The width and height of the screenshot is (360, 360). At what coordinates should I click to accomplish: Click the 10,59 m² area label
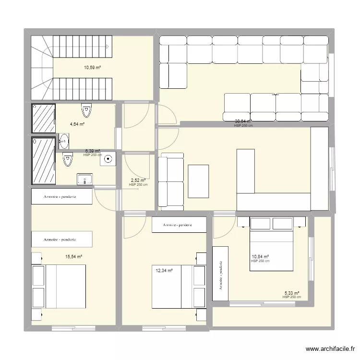(92, 68)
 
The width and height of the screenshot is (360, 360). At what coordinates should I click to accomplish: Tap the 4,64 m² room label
(77, 124)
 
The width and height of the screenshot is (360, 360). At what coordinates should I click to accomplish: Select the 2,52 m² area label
(138, 181)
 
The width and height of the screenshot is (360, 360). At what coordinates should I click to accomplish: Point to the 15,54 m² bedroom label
(74, 257)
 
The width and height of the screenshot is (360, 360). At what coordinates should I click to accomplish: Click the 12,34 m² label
(164, 271)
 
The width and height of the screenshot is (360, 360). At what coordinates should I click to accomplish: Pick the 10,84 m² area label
(260, 257)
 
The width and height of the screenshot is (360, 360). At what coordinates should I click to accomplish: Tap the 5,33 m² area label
(292, 293)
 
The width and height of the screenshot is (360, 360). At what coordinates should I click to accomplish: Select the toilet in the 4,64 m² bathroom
(86, 110)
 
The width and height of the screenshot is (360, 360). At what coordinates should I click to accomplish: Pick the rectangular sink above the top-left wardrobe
(85, 180)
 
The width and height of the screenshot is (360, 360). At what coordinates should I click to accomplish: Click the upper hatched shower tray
(44, 118)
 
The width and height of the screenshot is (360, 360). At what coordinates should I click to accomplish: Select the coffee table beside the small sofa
(198, 181)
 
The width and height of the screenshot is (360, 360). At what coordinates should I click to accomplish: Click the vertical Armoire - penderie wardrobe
(221, 274)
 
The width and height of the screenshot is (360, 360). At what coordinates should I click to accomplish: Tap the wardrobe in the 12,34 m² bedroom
(179, 225)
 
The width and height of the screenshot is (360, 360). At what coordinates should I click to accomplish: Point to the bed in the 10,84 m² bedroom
(271, 244)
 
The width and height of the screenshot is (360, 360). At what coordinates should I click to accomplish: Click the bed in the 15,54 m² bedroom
(59, 287)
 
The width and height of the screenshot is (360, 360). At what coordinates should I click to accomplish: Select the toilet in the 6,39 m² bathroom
(68, 158)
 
